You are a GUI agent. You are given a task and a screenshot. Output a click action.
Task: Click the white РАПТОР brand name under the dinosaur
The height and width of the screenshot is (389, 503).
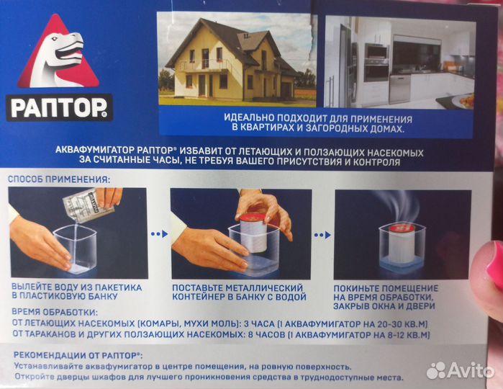click(x=58, y=108)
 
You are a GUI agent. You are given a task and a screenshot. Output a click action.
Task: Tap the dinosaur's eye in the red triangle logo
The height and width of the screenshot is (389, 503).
click(x=53, y=39)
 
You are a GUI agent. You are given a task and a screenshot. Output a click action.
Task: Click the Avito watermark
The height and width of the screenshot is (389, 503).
click(x=461, y=370)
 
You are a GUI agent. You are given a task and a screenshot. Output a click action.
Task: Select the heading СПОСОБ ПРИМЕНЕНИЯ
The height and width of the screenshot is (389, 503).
click(x=59, y=179)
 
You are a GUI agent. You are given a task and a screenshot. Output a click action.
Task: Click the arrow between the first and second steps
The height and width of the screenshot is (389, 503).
click(x=160, y=234)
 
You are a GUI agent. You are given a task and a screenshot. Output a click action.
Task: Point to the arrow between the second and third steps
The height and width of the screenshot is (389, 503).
click(x=322, y=236)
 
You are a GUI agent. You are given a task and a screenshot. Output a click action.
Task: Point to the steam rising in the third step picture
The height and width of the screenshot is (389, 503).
click(x=398, y=205)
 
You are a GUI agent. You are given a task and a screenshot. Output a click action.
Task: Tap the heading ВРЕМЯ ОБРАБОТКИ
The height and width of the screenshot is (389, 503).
click(x=55, y=312)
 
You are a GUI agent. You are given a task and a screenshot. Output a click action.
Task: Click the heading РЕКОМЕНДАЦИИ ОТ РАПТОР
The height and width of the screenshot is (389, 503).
click(x=78, y=355)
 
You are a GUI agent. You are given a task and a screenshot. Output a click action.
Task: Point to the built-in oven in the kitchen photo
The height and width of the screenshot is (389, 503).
click(x=376, y=63)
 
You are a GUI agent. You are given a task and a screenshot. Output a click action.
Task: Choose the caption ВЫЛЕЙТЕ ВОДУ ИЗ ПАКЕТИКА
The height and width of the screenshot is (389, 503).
click(x=77, y=287)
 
